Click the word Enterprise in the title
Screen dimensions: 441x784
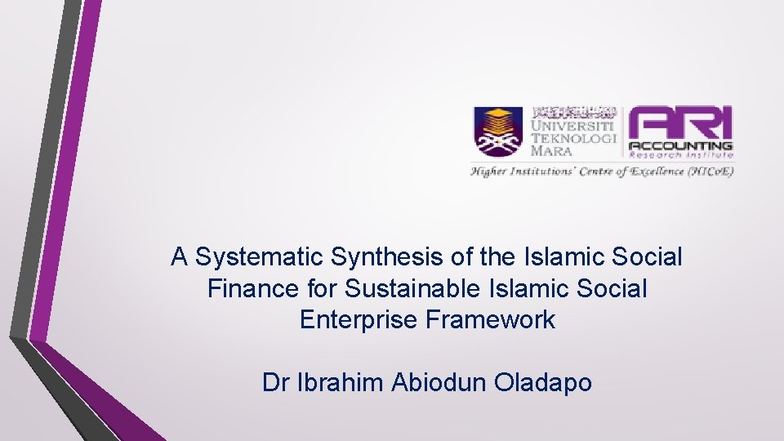tap(360, 319)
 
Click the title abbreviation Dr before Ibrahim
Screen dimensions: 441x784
tap(274, 382)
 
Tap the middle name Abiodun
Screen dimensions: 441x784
tap(439, 382)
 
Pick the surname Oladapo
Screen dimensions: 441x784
tap(543, 382)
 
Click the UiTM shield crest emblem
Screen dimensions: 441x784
tap(499, 132)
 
